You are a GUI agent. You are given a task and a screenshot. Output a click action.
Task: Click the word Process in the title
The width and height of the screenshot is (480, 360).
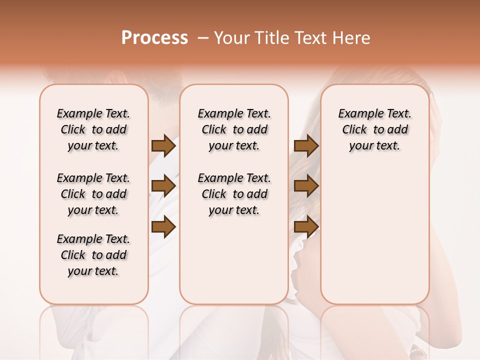[154, 38]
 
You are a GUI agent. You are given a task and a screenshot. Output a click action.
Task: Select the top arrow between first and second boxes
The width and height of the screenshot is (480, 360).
[163, 145]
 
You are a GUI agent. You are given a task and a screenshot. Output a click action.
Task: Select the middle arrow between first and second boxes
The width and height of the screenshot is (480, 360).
[163, 186]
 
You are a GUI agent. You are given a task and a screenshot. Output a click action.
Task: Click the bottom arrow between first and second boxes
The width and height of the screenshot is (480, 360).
[163, 226]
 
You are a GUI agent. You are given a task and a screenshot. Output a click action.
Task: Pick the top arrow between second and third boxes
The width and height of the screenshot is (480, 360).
[306, 145]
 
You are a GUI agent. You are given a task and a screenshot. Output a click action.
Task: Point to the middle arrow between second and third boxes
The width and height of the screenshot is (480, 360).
[306, 186]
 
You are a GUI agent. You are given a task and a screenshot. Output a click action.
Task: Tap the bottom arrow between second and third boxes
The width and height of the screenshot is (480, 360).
[306, 226]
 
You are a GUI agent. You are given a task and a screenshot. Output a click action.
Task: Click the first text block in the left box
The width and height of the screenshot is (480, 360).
[93, 129]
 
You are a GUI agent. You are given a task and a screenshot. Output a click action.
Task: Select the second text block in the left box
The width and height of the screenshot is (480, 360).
[93, 194]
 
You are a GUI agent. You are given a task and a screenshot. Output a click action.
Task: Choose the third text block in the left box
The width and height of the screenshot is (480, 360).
[93, 255]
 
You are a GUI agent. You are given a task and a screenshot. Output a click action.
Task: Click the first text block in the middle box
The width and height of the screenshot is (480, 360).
[234, 129]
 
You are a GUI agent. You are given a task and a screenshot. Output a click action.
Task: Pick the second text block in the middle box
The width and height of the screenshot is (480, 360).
[234, 194]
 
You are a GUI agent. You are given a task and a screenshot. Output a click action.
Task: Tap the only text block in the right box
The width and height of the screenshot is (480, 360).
[375, 129]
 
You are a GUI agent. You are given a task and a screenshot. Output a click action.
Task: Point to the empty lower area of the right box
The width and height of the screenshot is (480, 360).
[375, 235]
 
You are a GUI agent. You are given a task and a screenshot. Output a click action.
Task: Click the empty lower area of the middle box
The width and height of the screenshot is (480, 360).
[234, 260]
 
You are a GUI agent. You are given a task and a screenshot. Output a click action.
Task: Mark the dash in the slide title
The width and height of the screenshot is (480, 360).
[203, 38]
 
